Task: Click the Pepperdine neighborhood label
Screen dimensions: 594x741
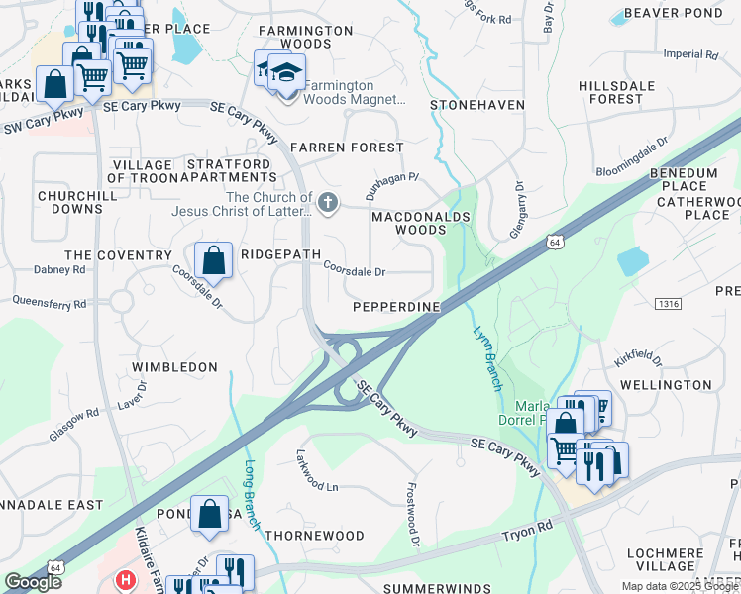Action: [x=396, y=307]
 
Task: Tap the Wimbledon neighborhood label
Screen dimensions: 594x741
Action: [x=174, y=367]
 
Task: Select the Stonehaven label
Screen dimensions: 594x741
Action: [x=476, y=104]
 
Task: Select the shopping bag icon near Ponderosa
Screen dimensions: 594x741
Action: [x=209, y=515]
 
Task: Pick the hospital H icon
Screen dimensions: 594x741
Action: [x=125, y=580]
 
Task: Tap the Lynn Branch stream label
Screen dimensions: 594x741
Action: [x=484, y=356]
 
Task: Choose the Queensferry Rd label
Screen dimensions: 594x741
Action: [x=50, y=303]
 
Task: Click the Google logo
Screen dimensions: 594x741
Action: [x=34, y=582]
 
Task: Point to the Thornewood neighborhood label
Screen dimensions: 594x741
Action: [x=314, y=536]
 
